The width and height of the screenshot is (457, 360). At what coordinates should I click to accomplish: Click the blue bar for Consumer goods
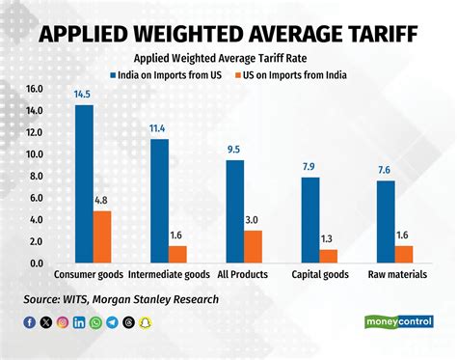(84, 183)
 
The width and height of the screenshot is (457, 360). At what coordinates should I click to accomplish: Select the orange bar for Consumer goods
(102, 236)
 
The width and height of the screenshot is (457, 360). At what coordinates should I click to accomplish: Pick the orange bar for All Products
(253, 246)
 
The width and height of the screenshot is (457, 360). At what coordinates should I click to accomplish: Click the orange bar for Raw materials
(404, 254)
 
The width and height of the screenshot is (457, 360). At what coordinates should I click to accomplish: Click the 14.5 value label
(84, 95)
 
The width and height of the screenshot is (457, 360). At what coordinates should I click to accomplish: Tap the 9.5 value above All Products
(234, 150)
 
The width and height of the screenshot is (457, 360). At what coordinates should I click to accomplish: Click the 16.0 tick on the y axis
(35, 89)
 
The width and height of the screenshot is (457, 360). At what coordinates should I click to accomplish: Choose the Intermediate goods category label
(169, 274)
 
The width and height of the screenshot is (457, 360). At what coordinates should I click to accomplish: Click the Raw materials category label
(395, 274)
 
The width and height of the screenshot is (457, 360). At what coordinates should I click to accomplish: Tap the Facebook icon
(31, 321)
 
